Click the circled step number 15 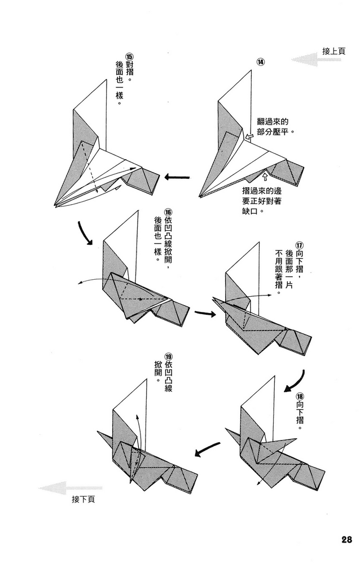[129, 58]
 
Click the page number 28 [346, 539]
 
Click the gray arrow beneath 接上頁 [316, 60]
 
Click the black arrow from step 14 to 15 [177, 178]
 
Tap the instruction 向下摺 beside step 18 [298, 418]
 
